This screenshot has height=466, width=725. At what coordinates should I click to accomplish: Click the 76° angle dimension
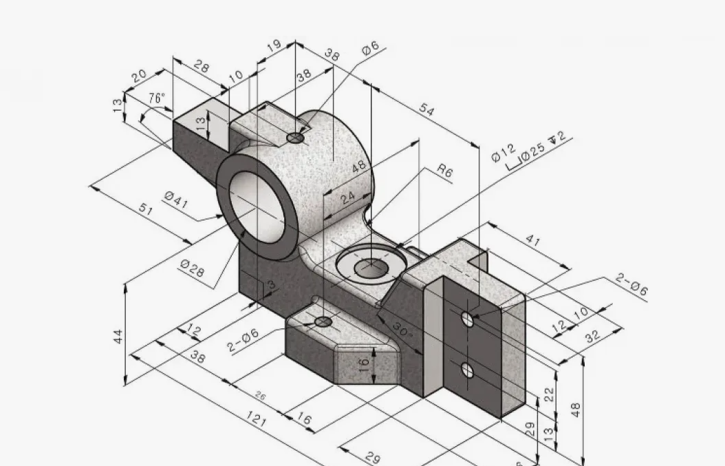[158, 98]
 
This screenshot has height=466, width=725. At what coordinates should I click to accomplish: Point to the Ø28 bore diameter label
[193, 268]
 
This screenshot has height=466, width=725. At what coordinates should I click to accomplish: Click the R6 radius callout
[445, 172]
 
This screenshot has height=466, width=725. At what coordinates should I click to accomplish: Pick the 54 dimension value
[426, 110]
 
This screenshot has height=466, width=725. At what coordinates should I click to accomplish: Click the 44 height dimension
[118, 337]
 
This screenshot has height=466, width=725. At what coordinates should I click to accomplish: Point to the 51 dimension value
[146, 211]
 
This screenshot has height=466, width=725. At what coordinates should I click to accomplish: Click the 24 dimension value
[348, 198]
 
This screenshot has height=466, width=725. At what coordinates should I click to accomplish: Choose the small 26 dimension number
[261, 395]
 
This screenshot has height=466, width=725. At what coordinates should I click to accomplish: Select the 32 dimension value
[593, 335]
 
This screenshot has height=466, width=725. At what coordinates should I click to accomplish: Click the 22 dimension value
[549, 394]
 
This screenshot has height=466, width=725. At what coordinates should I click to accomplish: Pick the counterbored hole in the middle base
[371, 266]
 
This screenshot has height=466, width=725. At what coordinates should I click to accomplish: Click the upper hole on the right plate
[468, 319]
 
